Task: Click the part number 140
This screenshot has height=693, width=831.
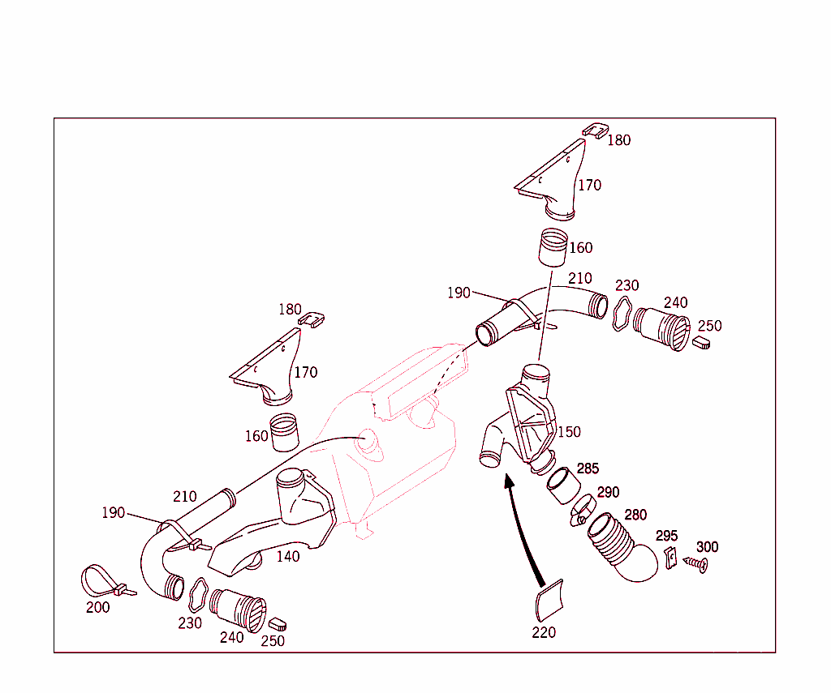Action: [288, 556]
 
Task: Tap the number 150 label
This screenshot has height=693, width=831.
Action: [569, 432]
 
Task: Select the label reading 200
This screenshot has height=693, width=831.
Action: [98, 607]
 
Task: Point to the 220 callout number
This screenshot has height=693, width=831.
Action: [544, 632]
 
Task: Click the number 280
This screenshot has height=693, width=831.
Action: [635, 515]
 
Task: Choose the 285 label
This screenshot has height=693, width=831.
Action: [588, 468]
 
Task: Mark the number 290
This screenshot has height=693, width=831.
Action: [609, 492]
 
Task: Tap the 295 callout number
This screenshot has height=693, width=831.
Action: [667, 536]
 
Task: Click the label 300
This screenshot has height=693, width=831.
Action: [707, 546]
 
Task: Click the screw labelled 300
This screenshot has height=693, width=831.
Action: [695, 563]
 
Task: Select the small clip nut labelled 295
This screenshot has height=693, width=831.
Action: [671, 558]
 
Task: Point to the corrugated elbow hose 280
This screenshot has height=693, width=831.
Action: [620, 548]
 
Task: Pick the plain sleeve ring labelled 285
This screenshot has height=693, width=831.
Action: [563, 485]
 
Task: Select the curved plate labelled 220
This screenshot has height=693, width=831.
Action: [549, 601]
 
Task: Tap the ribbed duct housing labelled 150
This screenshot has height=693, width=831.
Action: [522, 421]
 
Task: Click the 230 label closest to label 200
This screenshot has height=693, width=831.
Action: [190, 623]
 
